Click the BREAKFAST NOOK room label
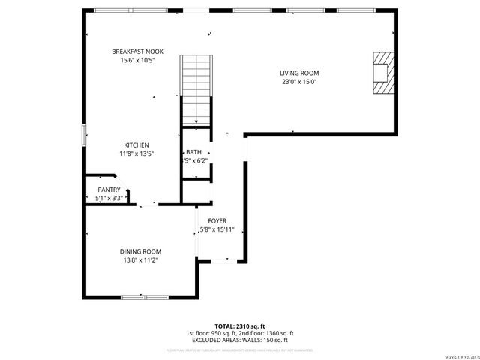point(133,51)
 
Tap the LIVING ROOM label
point(300,73)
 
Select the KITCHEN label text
point(136,145)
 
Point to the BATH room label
point(193,152)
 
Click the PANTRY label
point(109,190)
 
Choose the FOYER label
point(217,220)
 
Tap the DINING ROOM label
point(140,251)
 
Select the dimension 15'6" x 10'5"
point(133,60)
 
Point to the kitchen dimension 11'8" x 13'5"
point(136,154)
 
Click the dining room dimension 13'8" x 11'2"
point(140,259)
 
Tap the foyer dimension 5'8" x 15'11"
point(217,229)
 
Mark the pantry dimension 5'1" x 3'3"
point(109,198)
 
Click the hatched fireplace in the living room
point(382,73)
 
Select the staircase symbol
point(197,90)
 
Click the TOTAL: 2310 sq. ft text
point(240,326)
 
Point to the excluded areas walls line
point(240,340)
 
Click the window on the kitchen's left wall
point(84,136)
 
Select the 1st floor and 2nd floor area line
point(240,333)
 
